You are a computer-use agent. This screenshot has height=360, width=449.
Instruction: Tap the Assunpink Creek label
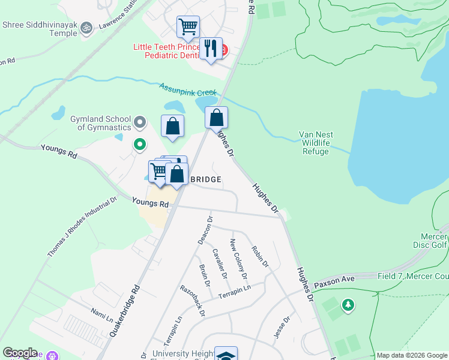[x=187, y=90]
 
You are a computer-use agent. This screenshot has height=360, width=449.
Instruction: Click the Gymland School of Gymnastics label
[x=100, y=124]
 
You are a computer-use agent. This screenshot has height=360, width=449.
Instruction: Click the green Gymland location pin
[x=140, y=144]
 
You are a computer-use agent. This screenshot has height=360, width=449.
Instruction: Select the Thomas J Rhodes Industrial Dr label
[x=83, y=227]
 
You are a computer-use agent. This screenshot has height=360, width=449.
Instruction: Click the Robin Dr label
[x=260, y=256]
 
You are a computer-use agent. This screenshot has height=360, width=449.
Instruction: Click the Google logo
[x=20, y=353]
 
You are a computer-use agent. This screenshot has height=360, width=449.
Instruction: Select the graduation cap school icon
[x=226, y=355]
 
